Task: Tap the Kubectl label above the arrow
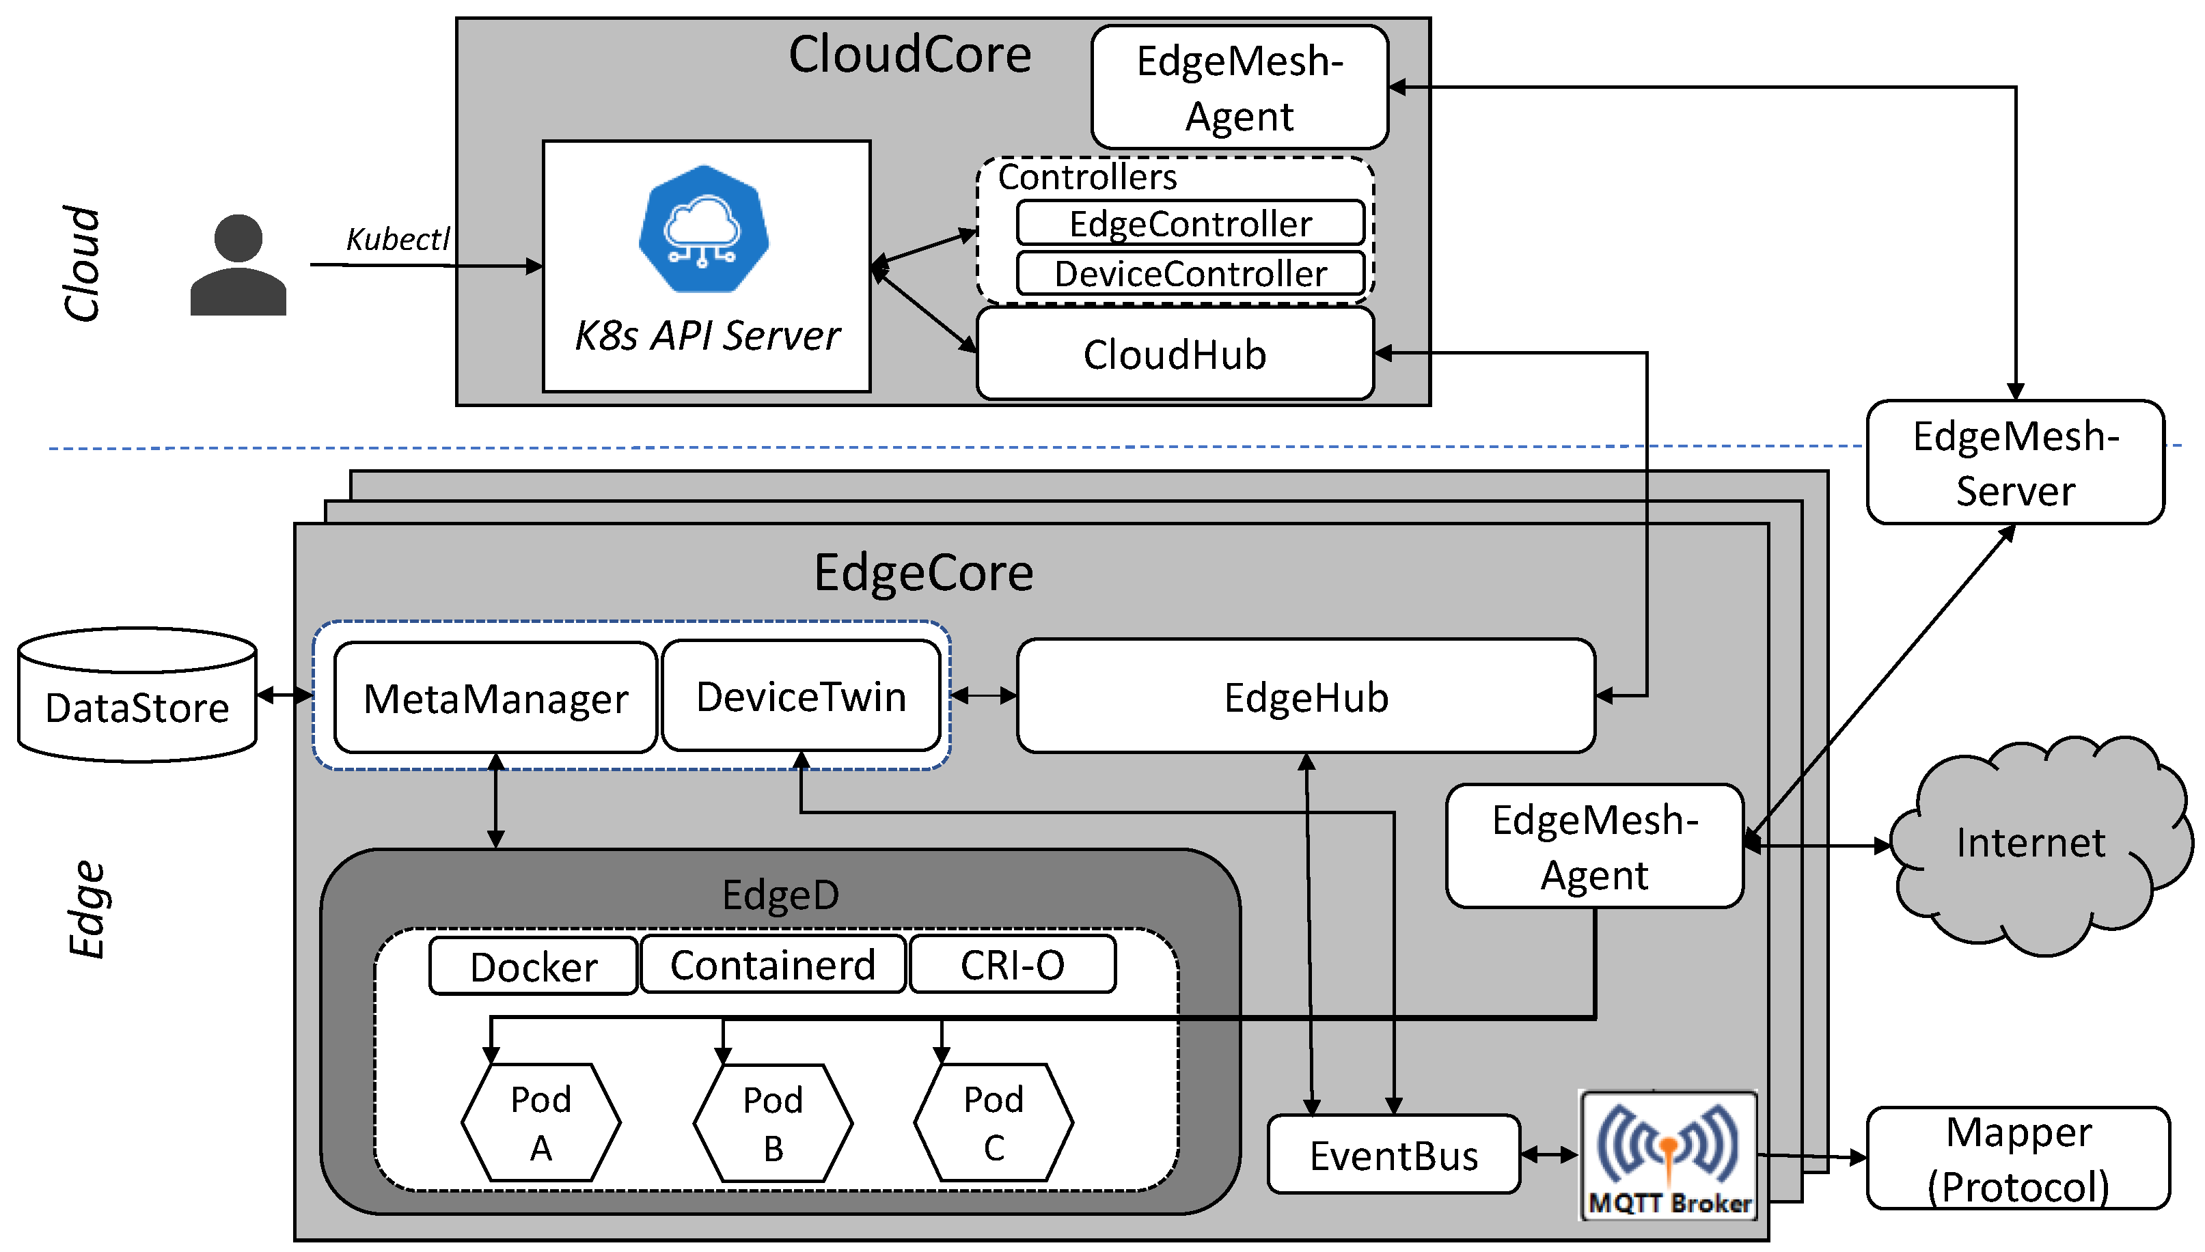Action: [x=397, y=239]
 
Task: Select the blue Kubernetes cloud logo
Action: [x=704, y=229]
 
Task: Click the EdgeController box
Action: [x=1190, y=223]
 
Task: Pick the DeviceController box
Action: [x=1190, y=273]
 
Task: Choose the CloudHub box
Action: [x=1175, y=354]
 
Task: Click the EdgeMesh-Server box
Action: [x=2015, y=462]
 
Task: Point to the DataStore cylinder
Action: [x=137, y=697]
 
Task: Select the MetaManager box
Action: [x=495, y=697]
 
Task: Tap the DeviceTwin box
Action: [x=801, y=695]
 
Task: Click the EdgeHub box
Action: [x=1306, y=697]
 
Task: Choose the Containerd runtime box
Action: [x=772, y=965]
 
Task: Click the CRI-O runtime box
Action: [x=1012, y=965]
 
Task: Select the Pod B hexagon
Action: [x=772, y=1123]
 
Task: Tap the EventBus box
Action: [x=1393, y=1155]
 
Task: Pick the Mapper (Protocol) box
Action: [x=2018, y=1158]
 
